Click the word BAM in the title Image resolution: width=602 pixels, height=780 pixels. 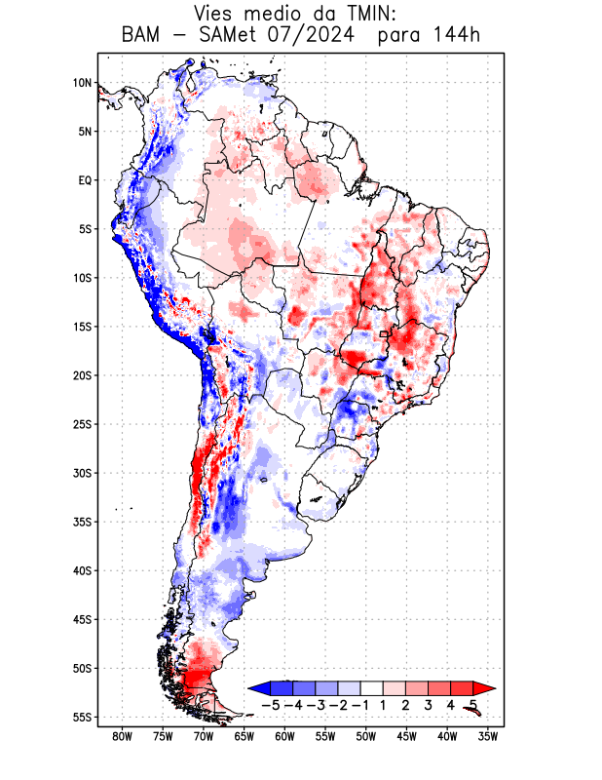pyautogui.click(x=142, y=36)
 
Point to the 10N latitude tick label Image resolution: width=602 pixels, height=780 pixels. pyautogui.click(x=82, y=83)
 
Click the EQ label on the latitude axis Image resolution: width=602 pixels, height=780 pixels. pyautogui.click(x=85, y=180)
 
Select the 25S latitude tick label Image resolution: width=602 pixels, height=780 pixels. pyautogui.click(x=82, y=424)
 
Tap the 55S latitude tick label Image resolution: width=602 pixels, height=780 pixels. pyautogui.click(x=82, y=717)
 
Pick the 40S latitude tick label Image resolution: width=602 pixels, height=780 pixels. pyautogui.click(x=82, y=570)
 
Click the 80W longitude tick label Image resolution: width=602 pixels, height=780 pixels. pyautogui.click(x=122, y=736)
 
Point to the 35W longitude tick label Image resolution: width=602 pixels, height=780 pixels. pyautogui.click(x=488, y=736)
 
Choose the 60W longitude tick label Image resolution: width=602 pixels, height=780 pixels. pyautogui.click(x=284, y=736)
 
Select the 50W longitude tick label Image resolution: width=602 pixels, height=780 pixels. pyautogui.click(x=366, y=736)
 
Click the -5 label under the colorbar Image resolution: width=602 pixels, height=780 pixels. pyautogui.click(x=270, y=704)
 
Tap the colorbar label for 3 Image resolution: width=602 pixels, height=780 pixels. pyautogui.click(x=429, y=704)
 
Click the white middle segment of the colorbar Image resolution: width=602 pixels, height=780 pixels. pyautogui.click(x=371, y=688)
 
